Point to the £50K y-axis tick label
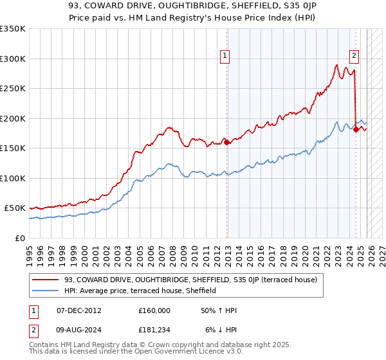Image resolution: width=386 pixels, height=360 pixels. click(15, 208)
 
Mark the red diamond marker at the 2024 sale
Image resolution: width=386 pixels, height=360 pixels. click(356, 130)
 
